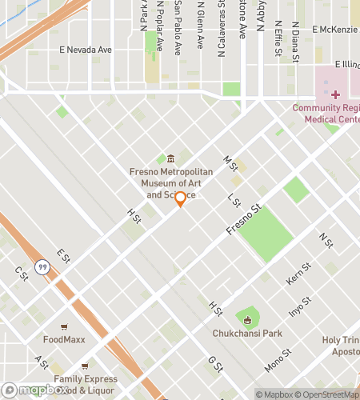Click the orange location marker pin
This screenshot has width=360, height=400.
click(x=181, y=198)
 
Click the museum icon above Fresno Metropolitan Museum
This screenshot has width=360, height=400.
click(x=170, y=159)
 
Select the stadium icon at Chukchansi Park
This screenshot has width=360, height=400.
click(x=247, y=321)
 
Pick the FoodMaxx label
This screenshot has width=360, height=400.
click(x=64, y=339)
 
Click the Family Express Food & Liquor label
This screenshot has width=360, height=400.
click(x=84, y=384)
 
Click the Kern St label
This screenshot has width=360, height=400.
click(x=297, y=274)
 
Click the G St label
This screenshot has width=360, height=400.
click(x=214, y=365)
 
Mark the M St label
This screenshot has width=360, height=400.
click(x=231, y=162)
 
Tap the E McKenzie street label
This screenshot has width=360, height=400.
click(x=335, y=30)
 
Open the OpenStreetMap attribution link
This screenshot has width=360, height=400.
click(x=329, y=394)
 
